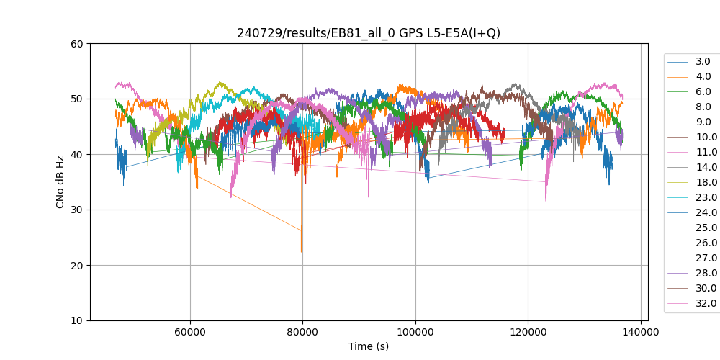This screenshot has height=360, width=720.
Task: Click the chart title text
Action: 369,33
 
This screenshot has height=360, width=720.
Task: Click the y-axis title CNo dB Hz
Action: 60,182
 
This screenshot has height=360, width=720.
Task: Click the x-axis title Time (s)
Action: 369,346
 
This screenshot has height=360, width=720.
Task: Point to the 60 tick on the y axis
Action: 76,43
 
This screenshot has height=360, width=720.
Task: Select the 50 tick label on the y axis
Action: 76,99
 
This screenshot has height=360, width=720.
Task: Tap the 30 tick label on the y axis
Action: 76,210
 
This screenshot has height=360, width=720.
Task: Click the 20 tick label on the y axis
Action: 76,265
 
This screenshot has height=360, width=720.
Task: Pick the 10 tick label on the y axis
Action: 76,320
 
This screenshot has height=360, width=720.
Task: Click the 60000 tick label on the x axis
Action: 190,333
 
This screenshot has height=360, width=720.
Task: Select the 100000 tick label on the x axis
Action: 415,333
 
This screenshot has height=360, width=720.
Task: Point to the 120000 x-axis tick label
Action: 528,333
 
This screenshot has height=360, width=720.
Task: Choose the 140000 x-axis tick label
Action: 641,333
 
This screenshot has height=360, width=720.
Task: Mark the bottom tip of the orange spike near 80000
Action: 302,253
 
